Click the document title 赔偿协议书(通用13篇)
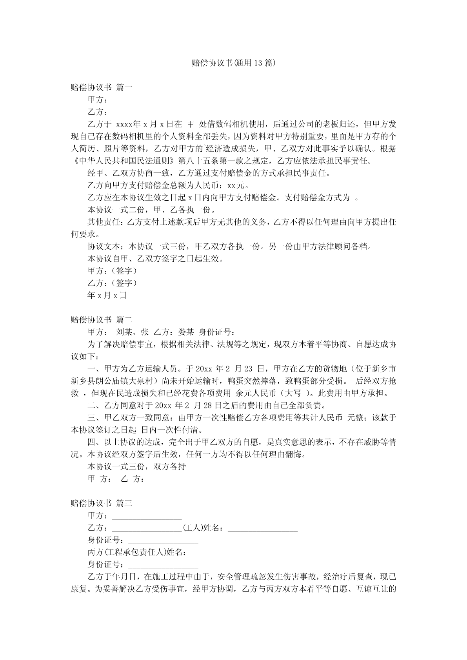tap(233, 63)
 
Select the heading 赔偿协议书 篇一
tap(102, 87)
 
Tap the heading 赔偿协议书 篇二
tap(102, 320)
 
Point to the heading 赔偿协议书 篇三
tap(102, 503)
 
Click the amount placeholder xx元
tap(238, 185)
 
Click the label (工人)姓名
tap(203, 528)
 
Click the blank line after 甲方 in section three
tap(147, 516)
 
